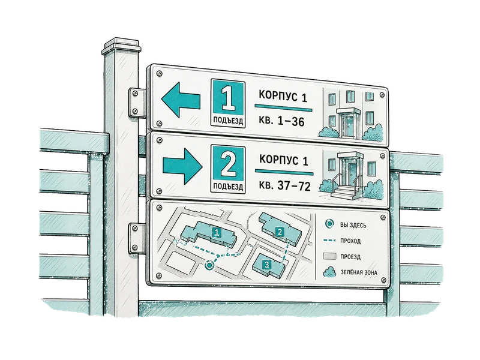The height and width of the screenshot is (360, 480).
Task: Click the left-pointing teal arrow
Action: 180,100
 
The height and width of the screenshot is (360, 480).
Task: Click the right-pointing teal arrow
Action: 182,167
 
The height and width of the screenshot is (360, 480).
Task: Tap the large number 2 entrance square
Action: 229,164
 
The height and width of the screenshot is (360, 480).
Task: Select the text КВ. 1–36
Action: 281,121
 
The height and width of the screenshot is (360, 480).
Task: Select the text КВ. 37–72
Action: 284,185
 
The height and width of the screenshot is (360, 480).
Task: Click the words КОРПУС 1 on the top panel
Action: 283,96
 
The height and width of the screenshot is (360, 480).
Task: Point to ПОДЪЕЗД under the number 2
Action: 228,187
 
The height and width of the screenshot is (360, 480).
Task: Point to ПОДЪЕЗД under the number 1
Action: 228,121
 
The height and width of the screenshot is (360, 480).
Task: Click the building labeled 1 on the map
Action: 208,233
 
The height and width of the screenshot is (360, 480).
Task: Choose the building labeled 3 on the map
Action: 268,265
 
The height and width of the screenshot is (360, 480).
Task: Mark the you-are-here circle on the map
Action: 209,265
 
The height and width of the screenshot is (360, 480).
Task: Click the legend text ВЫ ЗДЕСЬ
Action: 353,226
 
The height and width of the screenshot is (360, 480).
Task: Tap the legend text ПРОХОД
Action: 350,241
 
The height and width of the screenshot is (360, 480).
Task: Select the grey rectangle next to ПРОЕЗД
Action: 329,256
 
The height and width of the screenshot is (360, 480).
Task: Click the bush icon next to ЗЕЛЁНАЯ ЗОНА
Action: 329,272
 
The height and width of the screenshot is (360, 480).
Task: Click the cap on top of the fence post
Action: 122,47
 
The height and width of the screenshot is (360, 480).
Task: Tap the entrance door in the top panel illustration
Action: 349,125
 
